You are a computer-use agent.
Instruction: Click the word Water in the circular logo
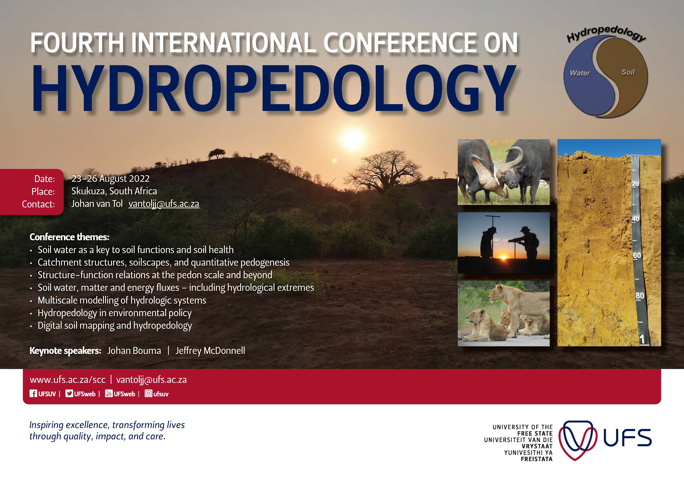(x=580, y=73)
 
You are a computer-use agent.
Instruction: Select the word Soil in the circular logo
(x=628, y=72)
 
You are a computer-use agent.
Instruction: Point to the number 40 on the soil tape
(x=635, y=219)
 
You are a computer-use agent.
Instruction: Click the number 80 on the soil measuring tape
(x=640, y=295)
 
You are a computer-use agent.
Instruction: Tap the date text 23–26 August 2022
(x=111, y=179)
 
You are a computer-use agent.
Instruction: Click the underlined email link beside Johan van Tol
(x=164, y=204)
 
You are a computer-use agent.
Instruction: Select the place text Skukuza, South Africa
(x=114, y=191)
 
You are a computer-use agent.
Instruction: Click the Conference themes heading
(x=69, y=237)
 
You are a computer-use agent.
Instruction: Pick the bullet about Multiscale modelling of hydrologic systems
(x=122, y=300)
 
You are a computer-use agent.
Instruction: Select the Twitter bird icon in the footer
(x=69, y=394)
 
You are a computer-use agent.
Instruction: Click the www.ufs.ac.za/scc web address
(x=68, y=380)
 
